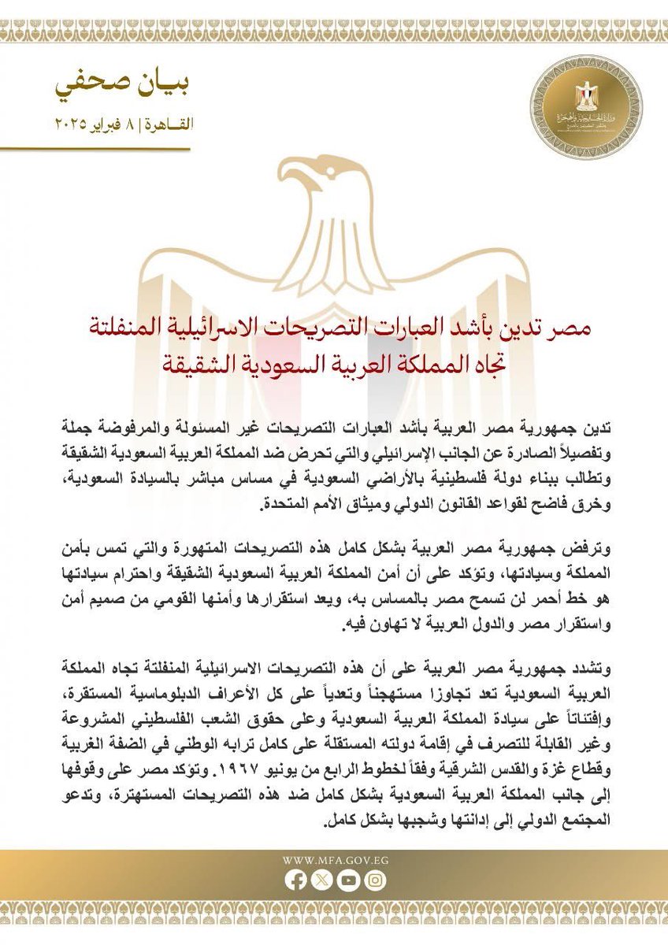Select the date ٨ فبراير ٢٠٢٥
pos(95,124)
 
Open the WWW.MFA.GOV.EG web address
pos(333,861)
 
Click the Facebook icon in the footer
pos(296,881)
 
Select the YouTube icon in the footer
pos(347,881)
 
